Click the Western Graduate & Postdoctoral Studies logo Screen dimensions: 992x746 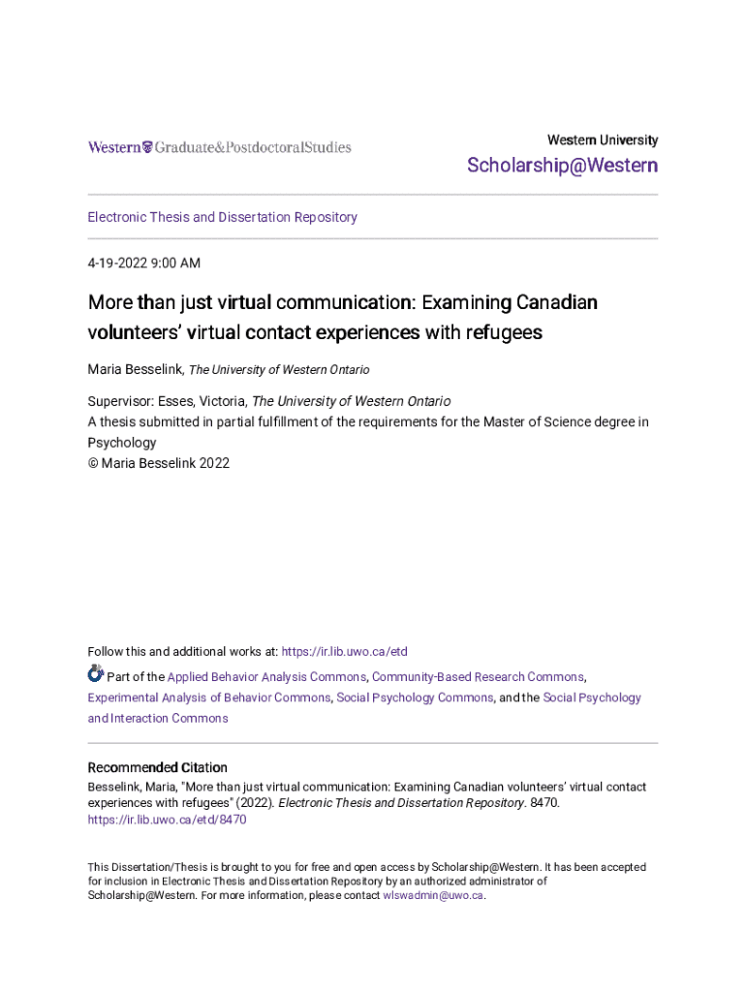219,147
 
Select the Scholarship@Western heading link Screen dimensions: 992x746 562,166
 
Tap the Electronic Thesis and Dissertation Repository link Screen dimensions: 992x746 222,217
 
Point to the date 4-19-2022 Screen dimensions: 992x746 121,263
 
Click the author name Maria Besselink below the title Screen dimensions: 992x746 135,369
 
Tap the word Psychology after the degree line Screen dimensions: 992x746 122,442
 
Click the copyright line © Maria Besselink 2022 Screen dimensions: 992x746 159,463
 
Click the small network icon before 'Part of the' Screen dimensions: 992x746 95,673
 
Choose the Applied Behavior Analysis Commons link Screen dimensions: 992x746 266,677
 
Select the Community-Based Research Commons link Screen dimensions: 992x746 478,677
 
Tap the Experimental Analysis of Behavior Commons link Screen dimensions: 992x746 209,697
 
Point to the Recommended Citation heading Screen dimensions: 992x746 158,767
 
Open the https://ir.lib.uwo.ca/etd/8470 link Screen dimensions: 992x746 167,820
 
